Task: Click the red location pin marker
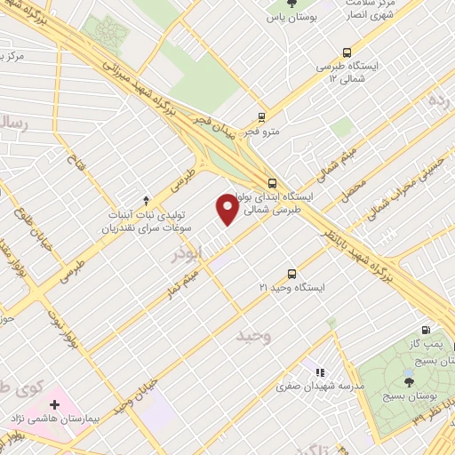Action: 227,210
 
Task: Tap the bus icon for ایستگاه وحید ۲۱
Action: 291,274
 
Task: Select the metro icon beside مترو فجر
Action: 261,116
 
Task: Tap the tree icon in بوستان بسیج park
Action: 409,381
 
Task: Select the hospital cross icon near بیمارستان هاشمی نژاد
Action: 55,404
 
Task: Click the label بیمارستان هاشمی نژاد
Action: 55,417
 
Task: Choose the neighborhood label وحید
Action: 254,337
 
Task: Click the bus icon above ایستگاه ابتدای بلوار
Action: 271,184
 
